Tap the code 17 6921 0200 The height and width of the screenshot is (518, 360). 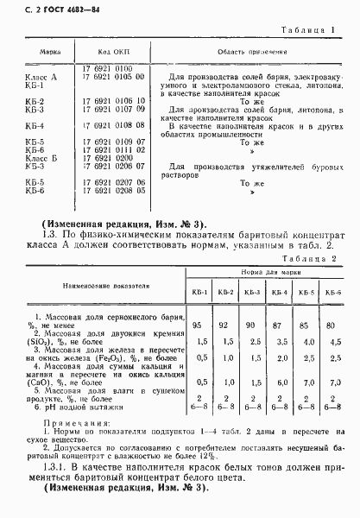point(108,158)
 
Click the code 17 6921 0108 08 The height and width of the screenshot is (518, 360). point(111,126)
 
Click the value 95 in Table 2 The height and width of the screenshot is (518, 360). point(199,325)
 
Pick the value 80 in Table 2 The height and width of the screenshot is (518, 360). point(332,325)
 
